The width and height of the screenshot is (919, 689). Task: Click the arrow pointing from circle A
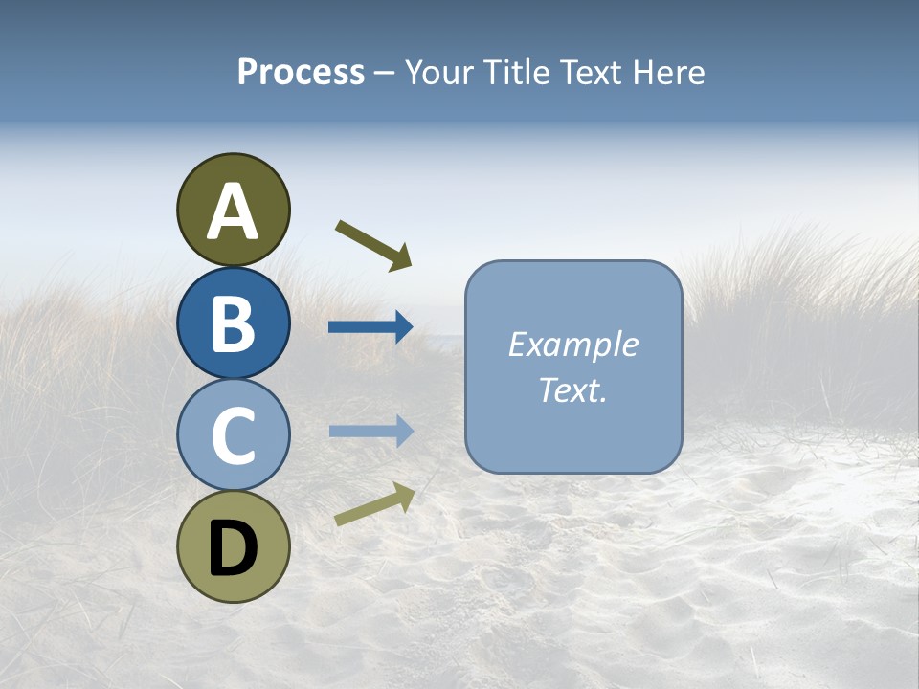click(x=373, y=244)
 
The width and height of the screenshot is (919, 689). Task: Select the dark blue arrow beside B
click(x=370, y=327)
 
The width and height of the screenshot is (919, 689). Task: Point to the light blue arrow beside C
click(x=370, y=432)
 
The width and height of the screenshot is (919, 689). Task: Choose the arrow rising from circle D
click(x=374, y=504)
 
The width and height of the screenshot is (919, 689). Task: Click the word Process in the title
click(x=301, y=73)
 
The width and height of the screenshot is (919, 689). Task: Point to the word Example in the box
click(x=573, y=344)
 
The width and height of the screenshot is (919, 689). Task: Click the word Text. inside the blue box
click(x=573, y=389)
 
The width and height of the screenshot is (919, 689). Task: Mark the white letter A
click(x=233, y=212)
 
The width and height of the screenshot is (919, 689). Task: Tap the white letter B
click(x=233, y=323)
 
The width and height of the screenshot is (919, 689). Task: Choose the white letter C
click(x=233, y=435)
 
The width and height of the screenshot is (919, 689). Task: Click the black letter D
click(x=233, y=548)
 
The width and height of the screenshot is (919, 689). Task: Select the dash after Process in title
click(x=384, y=73)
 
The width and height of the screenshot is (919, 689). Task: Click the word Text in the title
click(x=594, y=73)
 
